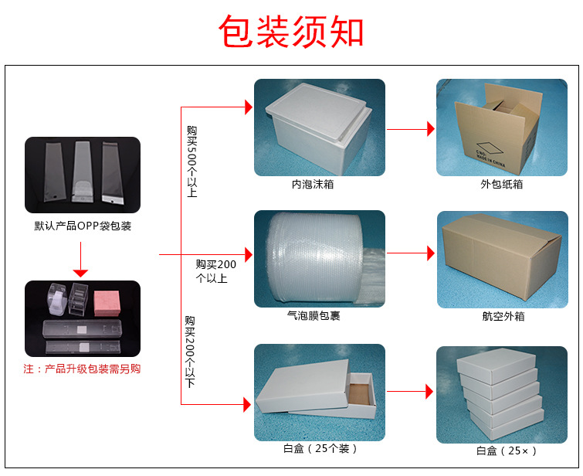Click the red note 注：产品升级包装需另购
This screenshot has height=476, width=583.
pyautogui.click(x=83, y=369)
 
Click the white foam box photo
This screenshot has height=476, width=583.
pyautogui.click(x=319, y=127)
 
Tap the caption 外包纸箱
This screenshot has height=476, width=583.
pyautogui.click(x=501, y=185)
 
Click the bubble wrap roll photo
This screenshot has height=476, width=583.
pyautogui.click(x=319, y=258)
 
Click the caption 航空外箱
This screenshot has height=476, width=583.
pyautogui.click(x=503, y=317)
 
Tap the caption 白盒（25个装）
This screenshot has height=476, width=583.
pyautogui.click(x=320, y=448)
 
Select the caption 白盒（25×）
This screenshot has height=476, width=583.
pyautogui.click(x=506, y=450)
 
